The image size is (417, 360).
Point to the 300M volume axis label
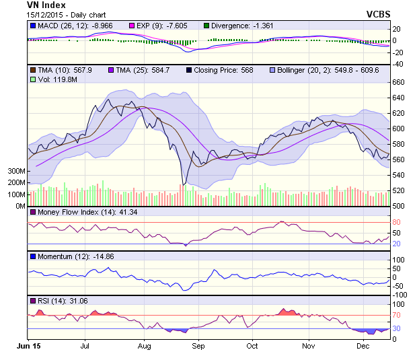click(17, 172)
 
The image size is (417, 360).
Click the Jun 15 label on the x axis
click(28, 345)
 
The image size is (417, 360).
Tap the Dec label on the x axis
click(363, 345)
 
